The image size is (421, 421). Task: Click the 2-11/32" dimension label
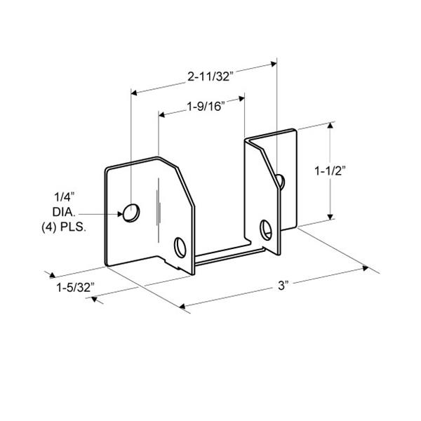coord(209,76)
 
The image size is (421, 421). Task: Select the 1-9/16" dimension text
coord(206,107)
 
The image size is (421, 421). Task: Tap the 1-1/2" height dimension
coord(330,171)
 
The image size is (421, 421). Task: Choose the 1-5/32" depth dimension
coord(76,288)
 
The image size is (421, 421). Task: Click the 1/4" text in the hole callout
coord(64,197)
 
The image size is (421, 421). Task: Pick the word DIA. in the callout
coord(64,212)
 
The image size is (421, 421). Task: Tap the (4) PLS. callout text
coord(64,227)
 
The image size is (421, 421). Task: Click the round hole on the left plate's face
coord(131,213)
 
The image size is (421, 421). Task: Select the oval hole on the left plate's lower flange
coord(180,247)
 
